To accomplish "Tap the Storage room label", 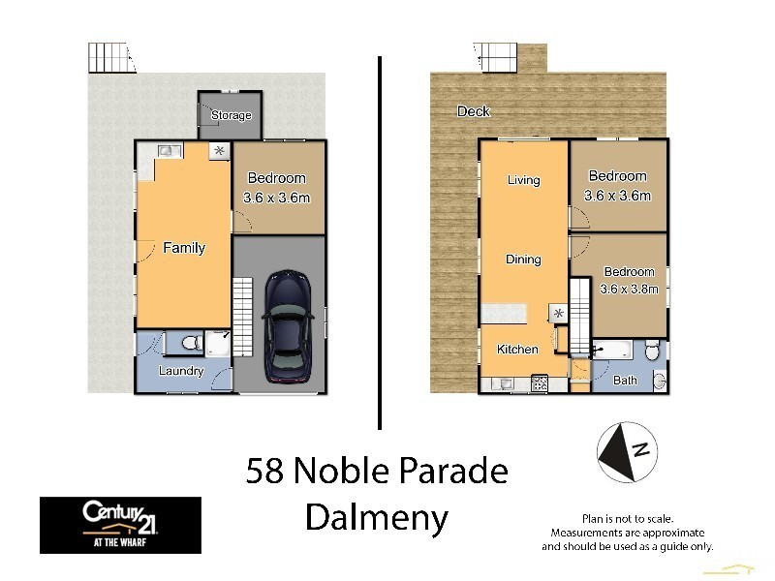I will pos(231,116).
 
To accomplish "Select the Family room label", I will pos(183,248).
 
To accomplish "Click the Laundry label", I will pos(181,371).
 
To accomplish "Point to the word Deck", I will pos(474,112).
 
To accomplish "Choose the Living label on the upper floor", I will pos(523,180).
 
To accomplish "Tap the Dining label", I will pos(523,260).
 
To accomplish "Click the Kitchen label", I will pos(517,350).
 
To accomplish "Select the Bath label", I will pos(625,381).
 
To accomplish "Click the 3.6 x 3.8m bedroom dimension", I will pos(630,289).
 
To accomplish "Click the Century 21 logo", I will pos(120,525).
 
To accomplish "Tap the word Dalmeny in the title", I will pos(377,519).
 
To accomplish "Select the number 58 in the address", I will pos(265,472).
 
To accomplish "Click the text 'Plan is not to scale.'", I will pos(627,519).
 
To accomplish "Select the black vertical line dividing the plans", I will pos(379,242).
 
